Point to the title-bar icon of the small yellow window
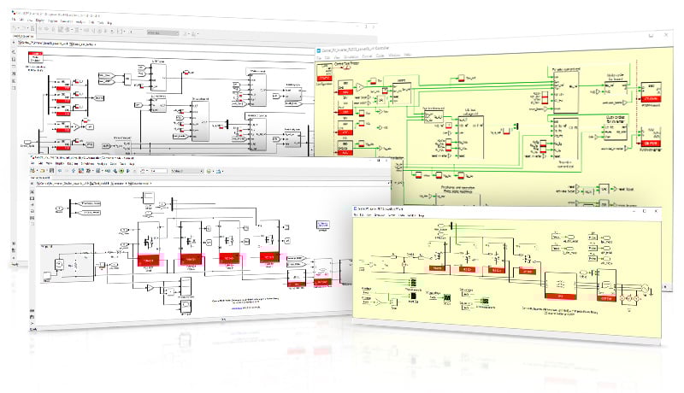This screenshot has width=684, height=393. [x=357, y=209]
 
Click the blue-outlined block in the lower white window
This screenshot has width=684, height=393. [x=323, y=226]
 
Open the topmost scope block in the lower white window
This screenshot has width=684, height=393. [x=147, y=199]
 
